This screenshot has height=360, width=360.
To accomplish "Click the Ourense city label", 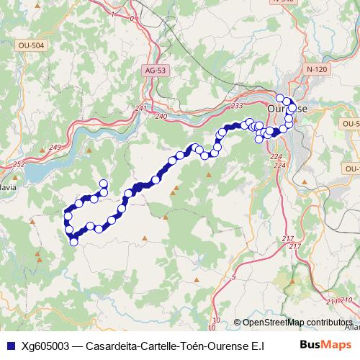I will click(x=287, y=108).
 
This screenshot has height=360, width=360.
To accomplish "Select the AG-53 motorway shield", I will click(x=155, y=71).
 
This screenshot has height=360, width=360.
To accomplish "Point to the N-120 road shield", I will click(x=317, y=69).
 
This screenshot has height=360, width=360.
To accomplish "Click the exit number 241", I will click(x=140, y=109).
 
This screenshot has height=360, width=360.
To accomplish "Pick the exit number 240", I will click(x=160, y=116).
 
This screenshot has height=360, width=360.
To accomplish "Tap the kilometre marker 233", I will click(x=236, y=106).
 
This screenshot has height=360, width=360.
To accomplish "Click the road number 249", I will click(x=55, y=148).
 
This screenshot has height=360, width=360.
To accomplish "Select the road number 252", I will click(x=18, y=165).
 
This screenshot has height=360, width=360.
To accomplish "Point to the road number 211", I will click(x=330, y=301).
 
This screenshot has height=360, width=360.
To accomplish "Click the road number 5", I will click(x=234, y=277).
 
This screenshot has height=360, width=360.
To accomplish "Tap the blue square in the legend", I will click(x=9, y=345).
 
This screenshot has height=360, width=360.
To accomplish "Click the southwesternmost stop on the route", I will click(x=73, y=242).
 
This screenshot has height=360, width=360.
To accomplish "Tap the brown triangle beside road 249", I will click(x=89, y=150).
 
